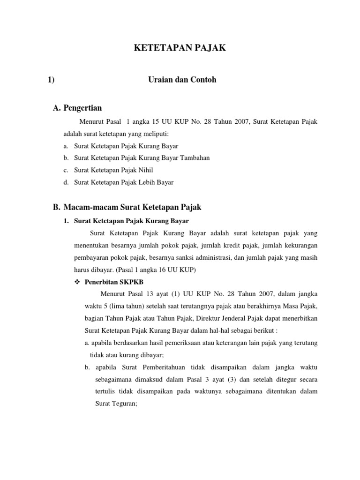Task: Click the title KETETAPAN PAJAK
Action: pyautogui.click(x=180, y=48)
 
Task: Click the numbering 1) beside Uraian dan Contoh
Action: pyautogui.click(x=51, y=80)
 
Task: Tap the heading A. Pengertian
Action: pyautogui.click(x=78, y=108)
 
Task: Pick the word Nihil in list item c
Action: pyautogui.click(x=144, y=170)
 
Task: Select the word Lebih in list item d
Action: pyautogui.click(x=143, y=182)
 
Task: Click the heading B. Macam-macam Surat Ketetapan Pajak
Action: pyautogui.click(x=127, y=207)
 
